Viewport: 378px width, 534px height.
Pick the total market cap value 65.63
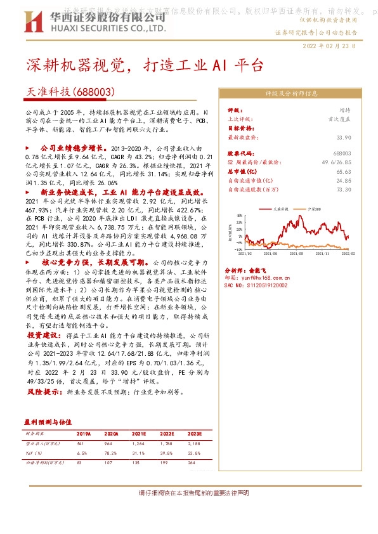pos(344,171)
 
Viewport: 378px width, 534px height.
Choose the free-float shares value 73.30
pos(344,189)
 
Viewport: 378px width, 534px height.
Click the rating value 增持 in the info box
pos(344,110)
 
